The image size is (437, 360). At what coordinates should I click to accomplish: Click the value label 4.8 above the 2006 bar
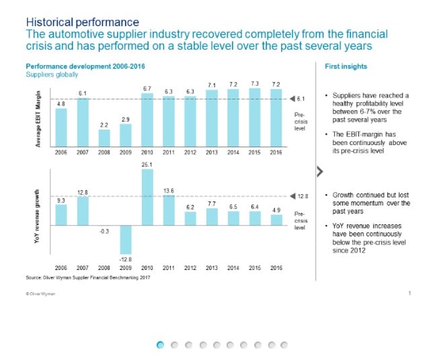coord(61,103)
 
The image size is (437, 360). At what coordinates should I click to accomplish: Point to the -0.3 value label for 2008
coord(104,231)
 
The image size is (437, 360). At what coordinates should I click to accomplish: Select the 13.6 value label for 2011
coord(169,191)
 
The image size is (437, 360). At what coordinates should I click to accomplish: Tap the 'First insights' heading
coord(346,66)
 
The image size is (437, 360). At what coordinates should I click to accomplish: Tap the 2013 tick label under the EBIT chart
coord(212,153)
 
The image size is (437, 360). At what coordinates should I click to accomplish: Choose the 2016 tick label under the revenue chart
coord(276,267)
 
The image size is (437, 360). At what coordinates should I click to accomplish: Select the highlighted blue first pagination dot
coord(160,345)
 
